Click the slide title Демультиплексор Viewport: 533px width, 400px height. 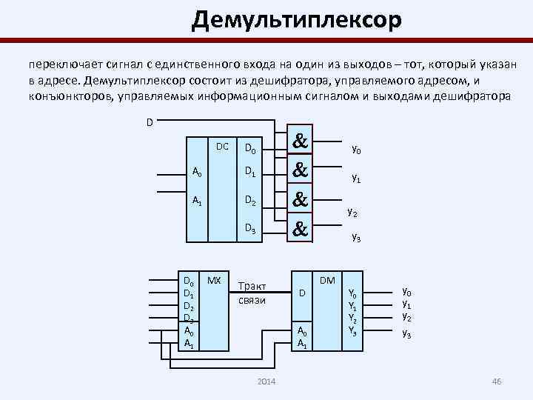pyautogui.click(x=296, y=20)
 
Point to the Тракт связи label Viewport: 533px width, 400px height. pyautogui.click(x=252, y=293)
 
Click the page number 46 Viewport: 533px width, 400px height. pyautogui.click(x=497, y=381)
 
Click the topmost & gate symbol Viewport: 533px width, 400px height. pyautogui.click(x=301, y=141)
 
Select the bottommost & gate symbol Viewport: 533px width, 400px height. pyautogui.click(x=301, y=230)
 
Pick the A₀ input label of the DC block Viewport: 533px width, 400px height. pyautogui.click(x=197, y=173)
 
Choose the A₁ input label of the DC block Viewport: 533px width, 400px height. pyautogui.click(x=197, y=201)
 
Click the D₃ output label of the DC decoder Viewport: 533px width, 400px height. pyautogui.click(x=251, y=231)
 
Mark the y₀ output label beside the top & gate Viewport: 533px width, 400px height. pyautogui.click(x=356, y=151)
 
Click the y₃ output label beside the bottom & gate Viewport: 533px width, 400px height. pyautogui.click(x=356, y=238)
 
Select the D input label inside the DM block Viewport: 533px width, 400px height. pyautogui.click(x=301, y=294)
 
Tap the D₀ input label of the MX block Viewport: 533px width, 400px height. pyautogui.click(x=189, y=282)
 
